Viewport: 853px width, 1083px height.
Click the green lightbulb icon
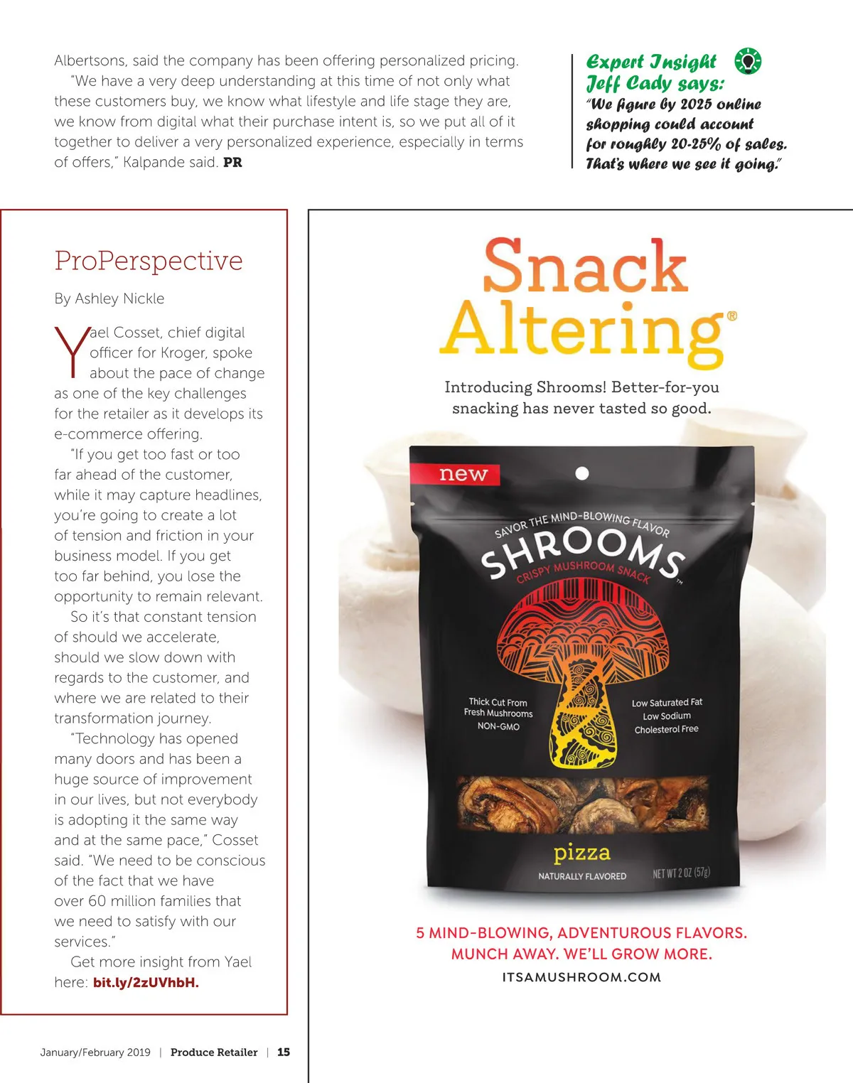point(748,61)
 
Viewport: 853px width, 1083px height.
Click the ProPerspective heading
point(149,261)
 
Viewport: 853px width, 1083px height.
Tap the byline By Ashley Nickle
point(109,298)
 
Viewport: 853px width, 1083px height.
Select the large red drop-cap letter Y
point(71,351)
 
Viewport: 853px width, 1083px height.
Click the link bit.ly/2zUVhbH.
point(146,983)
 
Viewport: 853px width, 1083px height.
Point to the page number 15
point(284,1052)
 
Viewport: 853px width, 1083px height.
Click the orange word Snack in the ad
point(585,266)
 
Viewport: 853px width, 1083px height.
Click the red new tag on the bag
point(463,474)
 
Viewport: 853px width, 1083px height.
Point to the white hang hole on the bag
point(581,473)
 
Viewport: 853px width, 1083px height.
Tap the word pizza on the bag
point(581,852)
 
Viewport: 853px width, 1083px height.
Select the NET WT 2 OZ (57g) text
point(681,873)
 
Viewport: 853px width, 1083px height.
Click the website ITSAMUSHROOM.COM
point(581,977)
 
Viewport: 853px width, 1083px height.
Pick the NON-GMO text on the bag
point(498,726)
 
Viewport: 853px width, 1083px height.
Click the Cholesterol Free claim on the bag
point(666,729)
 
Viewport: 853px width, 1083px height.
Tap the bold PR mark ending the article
point(232,162)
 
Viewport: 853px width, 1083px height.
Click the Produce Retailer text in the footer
point(214,1052)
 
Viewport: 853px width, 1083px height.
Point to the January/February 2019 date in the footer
point(95,1052)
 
